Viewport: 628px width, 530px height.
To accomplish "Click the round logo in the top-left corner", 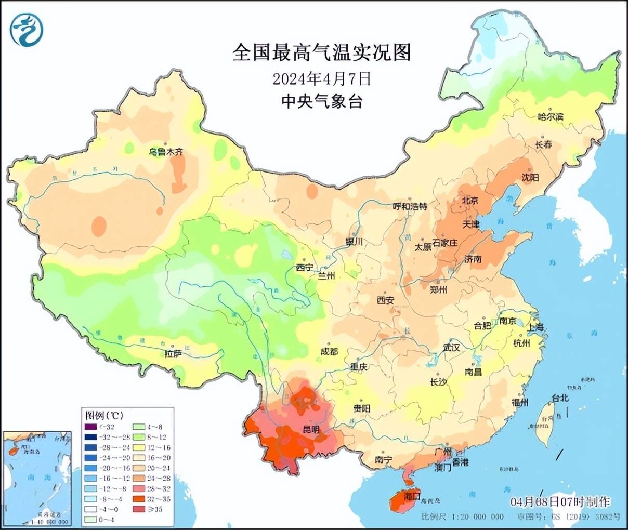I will (27, 29).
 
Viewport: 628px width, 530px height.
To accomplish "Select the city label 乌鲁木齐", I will (166, 152).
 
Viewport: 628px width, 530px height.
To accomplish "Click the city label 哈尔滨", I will (550, 117).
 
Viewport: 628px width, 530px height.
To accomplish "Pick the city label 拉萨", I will (173, 354).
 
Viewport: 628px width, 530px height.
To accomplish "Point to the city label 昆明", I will (312, 429).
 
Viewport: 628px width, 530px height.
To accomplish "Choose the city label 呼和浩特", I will (410, 206).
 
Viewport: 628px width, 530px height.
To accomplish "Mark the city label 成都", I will (329, 352).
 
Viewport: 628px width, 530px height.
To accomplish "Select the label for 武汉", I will (451, 347).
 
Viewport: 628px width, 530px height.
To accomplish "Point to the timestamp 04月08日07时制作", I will (560, 502).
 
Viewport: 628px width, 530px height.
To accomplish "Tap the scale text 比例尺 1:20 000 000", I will (462, 516).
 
